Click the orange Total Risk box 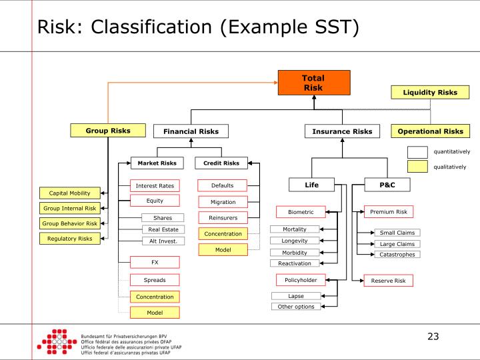pos(313,83)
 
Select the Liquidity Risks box pos(430,92)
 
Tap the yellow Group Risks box pos(107,131)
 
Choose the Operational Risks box pos(430,131)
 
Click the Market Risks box pos(157,163)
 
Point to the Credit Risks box pos(221,163)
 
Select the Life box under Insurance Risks pos(312,184)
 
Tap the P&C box pos(387,184)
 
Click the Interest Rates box pos(155,185)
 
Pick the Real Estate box pos(162,229)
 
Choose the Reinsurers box pos(222,217)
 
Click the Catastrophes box pos(397,254)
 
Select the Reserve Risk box pos(388,281)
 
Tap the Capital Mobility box pos(69,193)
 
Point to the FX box pos(155,263)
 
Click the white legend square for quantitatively pos(417,152)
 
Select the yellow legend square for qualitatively pos(417,167)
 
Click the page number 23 pos(433,337)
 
